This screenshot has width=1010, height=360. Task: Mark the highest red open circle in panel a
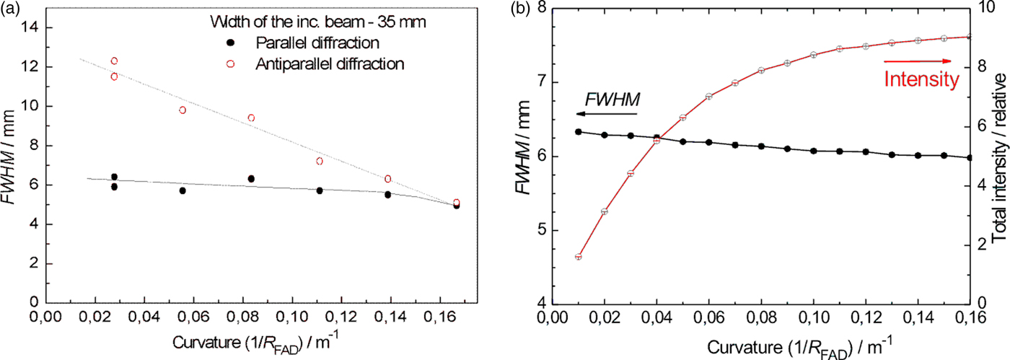click(114, 61)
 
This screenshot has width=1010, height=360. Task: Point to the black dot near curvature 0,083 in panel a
click(251, 199)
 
